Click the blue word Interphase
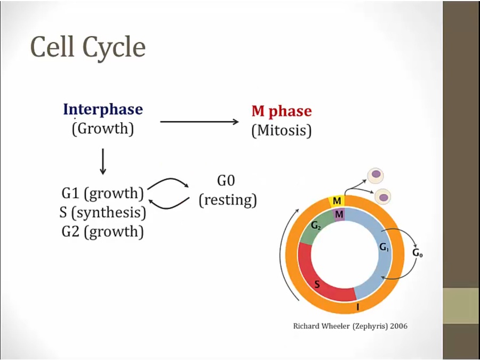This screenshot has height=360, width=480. pyautogui.click(x=103, y=110)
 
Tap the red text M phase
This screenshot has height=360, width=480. pyautogui.click(x=281, y=111)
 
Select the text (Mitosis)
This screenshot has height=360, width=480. pyautogui.click(x=281, y=131)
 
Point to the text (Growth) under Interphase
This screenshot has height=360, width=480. pyautogui.click(x=103, y=129)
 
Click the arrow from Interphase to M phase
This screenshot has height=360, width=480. pyautogui.click(x=199, y=122)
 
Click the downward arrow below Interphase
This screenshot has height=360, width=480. pyautogui.click(x=103, y=162)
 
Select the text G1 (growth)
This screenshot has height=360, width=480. pyautogui.click(x=103, y=193)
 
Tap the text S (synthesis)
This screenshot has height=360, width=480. pyautogui.click(x=103, y=212)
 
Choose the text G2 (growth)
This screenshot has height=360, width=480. pyautogui.click(x=103, y=231)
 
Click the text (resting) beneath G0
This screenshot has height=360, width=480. pyautogui.click(x=228, y=200)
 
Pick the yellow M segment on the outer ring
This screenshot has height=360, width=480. pyautogui.click(x=337, y=201)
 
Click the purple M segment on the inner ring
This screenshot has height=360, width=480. pyautogui.click(x=338, y=214)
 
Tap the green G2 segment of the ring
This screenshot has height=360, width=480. pyautogui.click(x=319, y=227)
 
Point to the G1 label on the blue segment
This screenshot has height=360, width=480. pyautogui.click(x=384, y=247)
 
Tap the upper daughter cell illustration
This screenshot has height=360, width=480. pyautogui.click(x=377, y=174)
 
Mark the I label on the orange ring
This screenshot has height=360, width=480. pyautogui.click(x=357, y=308)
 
